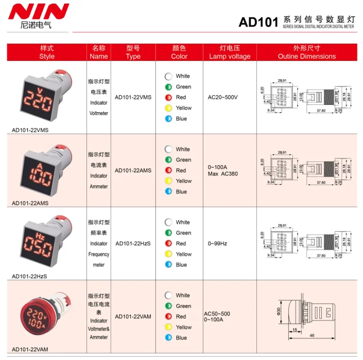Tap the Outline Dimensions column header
coord(306,52)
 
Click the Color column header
coord(179,52)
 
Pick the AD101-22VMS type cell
coord(133,97)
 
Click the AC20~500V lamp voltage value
coord(222,97)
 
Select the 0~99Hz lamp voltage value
coord(217,243)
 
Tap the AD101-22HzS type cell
coord(133,243)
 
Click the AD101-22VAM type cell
coord(133,316)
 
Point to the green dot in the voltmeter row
coord(168,87)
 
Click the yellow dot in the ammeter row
coord(168,181)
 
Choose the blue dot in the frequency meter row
coord(168,265)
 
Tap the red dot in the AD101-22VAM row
coord(168,317)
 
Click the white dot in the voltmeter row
coord(168,76)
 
